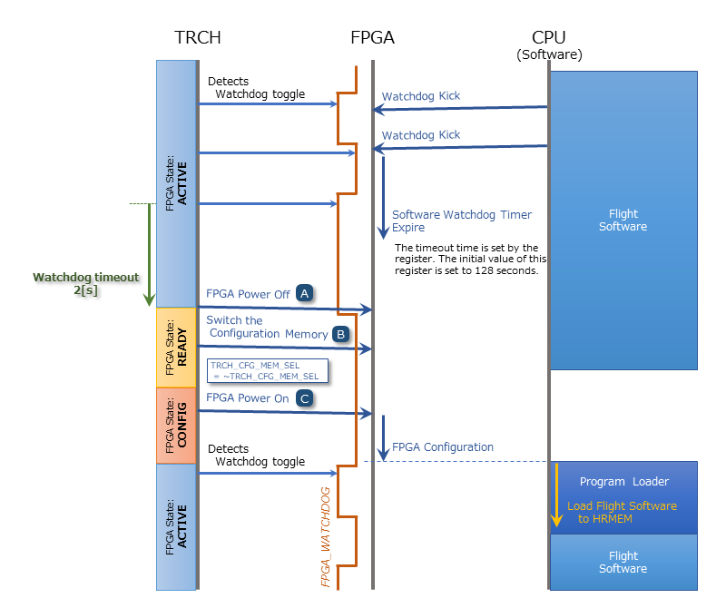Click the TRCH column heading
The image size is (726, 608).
198,37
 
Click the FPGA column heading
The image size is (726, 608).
372,37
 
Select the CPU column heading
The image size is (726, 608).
549,37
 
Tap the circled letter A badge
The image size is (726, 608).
306,293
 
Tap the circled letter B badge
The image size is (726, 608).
341,333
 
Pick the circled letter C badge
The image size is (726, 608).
306,397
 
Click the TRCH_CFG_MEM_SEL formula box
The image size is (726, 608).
267,369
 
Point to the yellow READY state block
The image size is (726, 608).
175,348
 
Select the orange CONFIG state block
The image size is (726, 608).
175,426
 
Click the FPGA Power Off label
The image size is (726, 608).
248,294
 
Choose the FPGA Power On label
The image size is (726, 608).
248,397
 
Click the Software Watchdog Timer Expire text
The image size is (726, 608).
462,222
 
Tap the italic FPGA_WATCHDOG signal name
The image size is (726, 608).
326,535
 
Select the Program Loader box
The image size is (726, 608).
624,482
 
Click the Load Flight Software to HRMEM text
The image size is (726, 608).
622,512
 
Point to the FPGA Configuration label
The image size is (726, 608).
443,447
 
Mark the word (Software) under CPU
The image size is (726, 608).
549,54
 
